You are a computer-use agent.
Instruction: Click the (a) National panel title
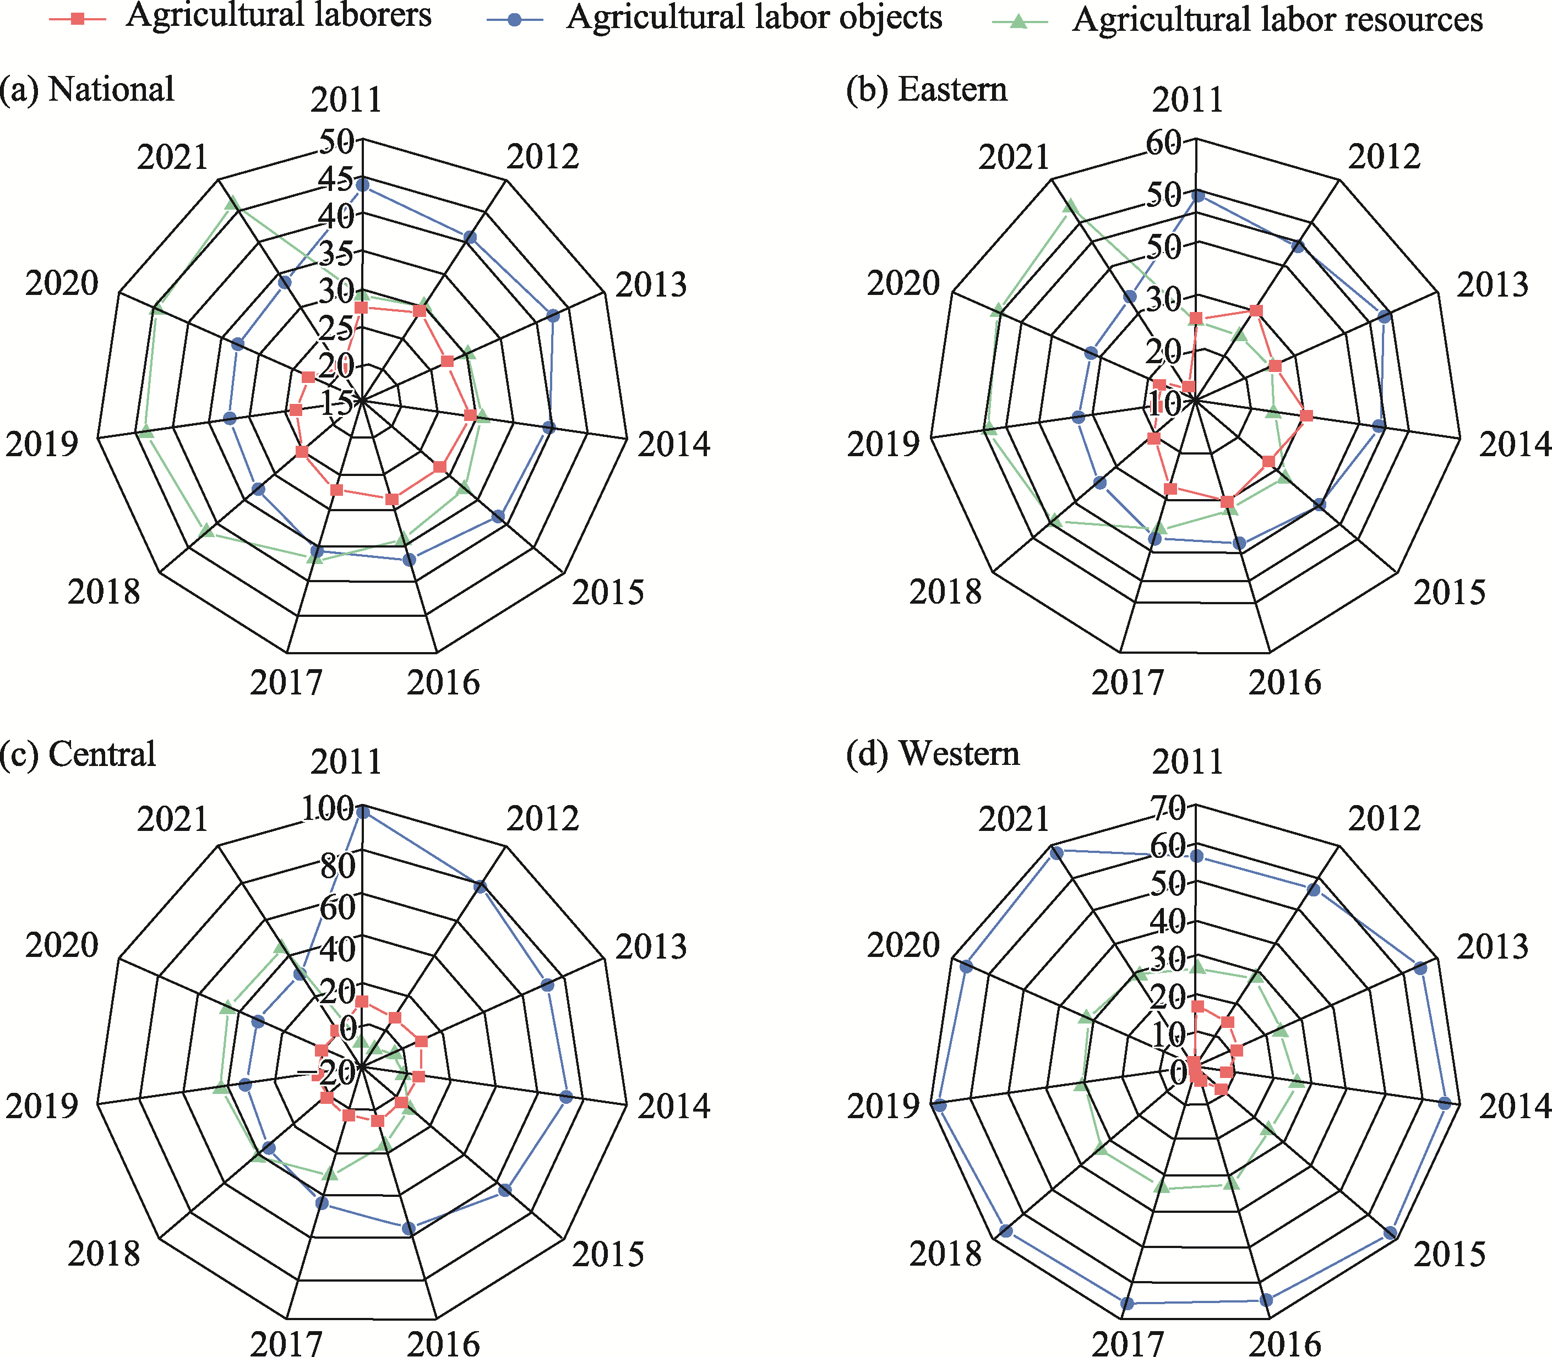pyautogui.click(x=87, y=89)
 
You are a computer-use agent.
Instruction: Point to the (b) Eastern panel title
pyautogui.click(x=927, y=89)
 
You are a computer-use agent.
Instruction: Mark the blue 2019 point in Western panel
pyautogui.click(x=940, y=1107)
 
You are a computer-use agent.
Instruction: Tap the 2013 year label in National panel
pyautogui.click(x=651, y=286)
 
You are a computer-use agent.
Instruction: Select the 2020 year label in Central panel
pyautogui.click(x=62, y=946)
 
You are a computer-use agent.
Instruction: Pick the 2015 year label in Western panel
pyautogui.click(x=1450, y=1255)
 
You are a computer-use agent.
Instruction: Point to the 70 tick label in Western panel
pyautogui.click(x=1168, y=809)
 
